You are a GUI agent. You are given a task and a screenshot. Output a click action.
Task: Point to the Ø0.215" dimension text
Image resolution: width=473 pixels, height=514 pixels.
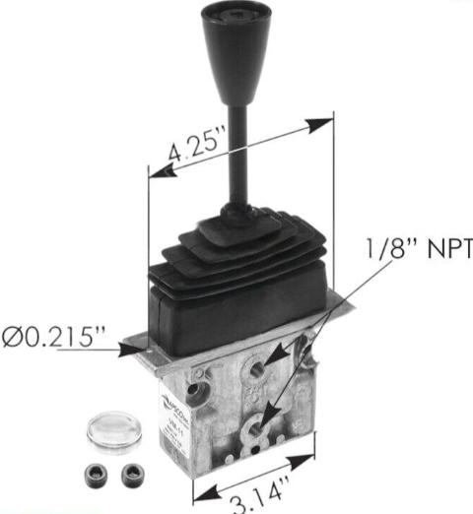pyautogui.click(x=53, y=337)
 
